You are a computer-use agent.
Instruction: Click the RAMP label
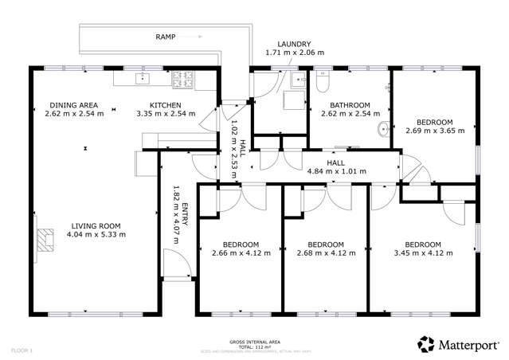click(165, 37)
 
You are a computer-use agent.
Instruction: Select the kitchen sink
click(144, 78)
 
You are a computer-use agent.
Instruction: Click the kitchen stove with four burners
click(182, 79)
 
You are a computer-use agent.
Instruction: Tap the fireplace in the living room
click(46, 239)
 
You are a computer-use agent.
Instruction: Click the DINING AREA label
click(72, 105)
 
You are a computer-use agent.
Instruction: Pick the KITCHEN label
click(166, 105)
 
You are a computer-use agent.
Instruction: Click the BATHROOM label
click(350, 105)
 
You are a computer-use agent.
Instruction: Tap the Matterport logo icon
click(426, 343)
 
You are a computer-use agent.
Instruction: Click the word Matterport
click(468, 344)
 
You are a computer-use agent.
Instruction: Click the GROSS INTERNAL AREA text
click(254, 339)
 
